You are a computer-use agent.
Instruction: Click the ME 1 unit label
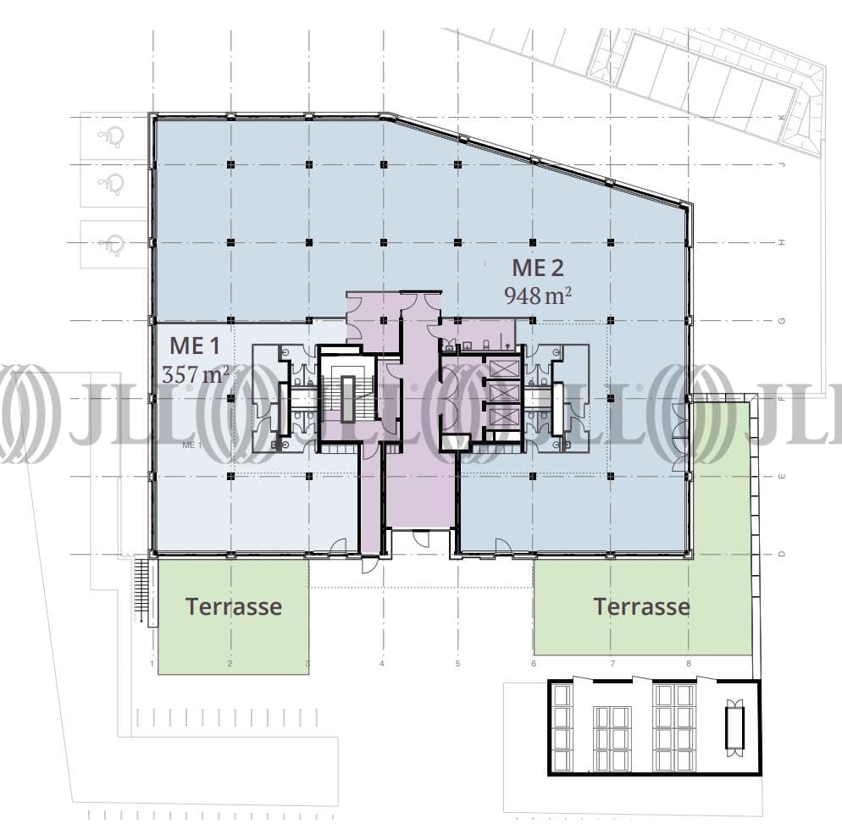pyautogui.click(x=196, y=345)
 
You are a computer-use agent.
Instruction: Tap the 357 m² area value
pyautogui.click(x=196, y=373)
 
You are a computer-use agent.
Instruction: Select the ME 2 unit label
pyautogui.click(x=537, y=268)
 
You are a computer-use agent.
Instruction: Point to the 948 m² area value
pyautogui.click(x=538, y=296)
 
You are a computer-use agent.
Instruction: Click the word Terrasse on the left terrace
pyautogui.click(x=233, y=606)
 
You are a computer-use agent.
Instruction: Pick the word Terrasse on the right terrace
pyautogui.click(x=641, y=606)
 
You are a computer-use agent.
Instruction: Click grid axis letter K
pyautogui.click(x=783, y=118)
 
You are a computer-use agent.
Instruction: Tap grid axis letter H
pyautogui.click(x=783, y=243)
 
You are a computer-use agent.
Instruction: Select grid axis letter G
pyautogui.click(x=783, y=321)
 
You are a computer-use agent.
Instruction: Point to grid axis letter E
pyautogui.click(x=783, y=476)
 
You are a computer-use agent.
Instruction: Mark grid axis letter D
pyautogui.click(x=783, y=554)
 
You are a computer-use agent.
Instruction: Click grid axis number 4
pyautogui.click(x=382, y=664)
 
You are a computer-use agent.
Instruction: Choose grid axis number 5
pyautogui.click(x=457, y=664)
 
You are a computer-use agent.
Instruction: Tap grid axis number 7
pyautogui.click(x=612, y=664)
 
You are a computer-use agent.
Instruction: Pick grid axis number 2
pyautogui.click(x=230, y=664)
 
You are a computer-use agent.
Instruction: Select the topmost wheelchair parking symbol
pyautogui.click(x=111, y=135)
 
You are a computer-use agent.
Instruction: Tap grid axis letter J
pyautogui.click(x=783, y=164)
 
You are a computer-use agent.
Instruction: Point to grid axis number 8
pyautogui.click(x=689, y=664)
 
